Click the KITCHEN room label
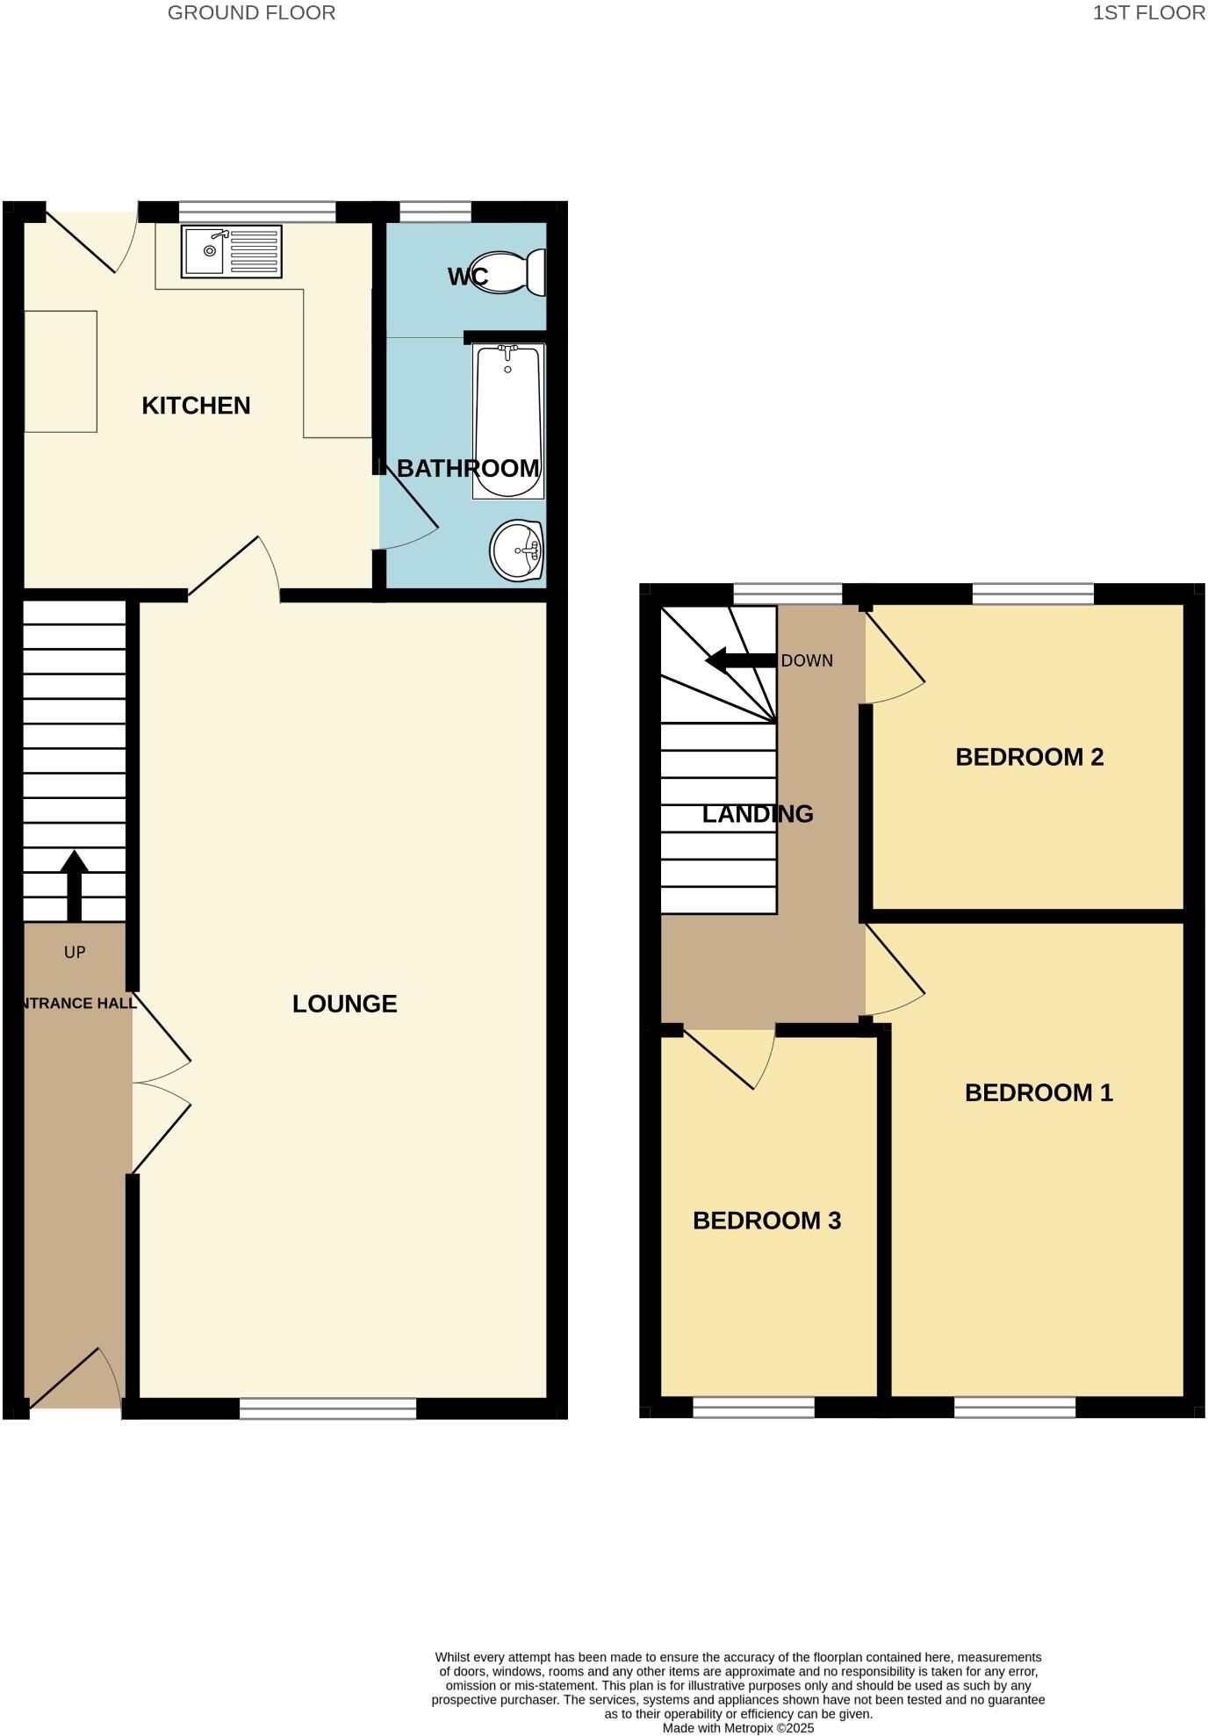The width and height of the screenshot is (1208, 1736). pyautogui.click(x=196, y=406)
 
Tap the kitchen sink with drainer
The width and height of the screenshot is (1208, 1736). pyautogui.click(x=232, y=251)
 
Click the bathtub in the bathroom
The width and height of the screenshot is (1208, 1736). pyautogui.click(x=507, y=421)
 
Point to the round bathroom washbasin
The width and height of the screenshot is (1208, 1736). pyautogui.click(x=517, y=551)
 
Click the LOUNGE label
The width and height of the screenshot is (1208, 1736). pyautogui.click(x=344, y=1004)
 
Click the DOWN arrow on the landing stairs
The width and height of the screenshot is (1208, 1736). pyautogui.click(x=740, y=660)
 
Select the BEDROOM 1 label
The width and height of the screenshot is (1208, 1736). pyautogui.click(x=1039, y=1092)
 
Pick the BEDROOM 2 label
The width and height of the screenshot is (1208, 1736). pyautogui.click(x=1029, y=757)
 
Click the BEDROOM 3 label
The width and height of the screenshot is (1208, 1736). pyautogui.click(x=766, y=1221)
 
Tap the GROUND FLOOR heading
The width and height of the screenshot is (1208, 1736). pyautogui.click(x=251, y=13)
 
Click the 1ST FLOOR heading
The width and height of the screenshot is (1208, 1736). pyautogui.click(x=1148, y=13)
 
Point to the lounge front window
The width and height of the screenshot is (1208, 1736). pyautogui.click(x=327, y=1408)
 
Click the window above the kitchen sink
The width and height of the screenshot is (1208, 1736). pyautogui.click(x=257, y=212)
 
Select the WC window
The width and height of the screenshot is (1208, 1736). pyautogui.click(x=435, y=212)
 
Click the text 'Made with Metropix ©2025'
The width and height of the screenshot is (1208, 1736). pyautogui.click(x=738, y=1728)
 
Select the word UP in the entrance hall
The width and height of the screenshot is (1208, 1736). pyautogui.click(x=75, y=952)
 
